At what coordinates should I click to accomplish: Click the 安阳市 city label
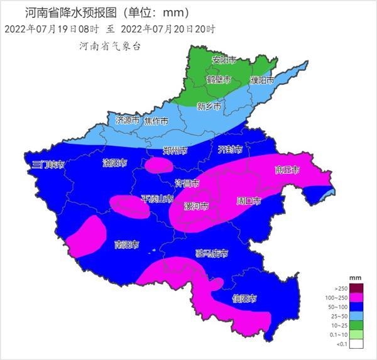click(x=224, y=60)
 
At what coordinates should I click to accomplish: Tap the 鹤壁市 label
click(x=219, y=80)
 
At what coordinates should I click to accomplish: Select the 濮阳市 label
click(x=262, y=81)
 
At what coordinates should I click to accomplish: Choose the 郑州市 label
click(x=175, y=151)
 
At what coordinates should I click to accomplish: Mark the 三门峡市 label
click(x=49, y=165)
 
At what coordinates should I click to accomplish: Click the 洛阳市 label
click(x=114, y=163)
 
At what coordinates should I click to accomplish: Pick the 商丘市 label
click(x=287, y=170)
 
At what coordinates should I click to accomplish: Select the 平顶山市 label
click(x=157, y=199)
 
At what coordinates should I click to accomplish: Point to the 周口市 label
click(x=248, y=201)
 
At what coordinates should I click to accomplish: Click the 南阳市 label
click(x=127, y=244)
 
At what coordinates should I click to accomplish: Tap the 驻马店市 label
click(x=212, y=254)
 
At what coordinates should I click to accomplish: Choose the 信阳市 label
click(x=244, y=298)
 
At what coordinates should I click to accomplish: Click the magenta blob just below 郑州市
click(x=159, y=165)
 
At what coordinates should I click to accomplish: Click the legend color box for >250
click(x=356, y=287)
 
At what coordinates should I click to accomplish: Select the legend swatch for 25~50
click(x=356, y=316)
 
